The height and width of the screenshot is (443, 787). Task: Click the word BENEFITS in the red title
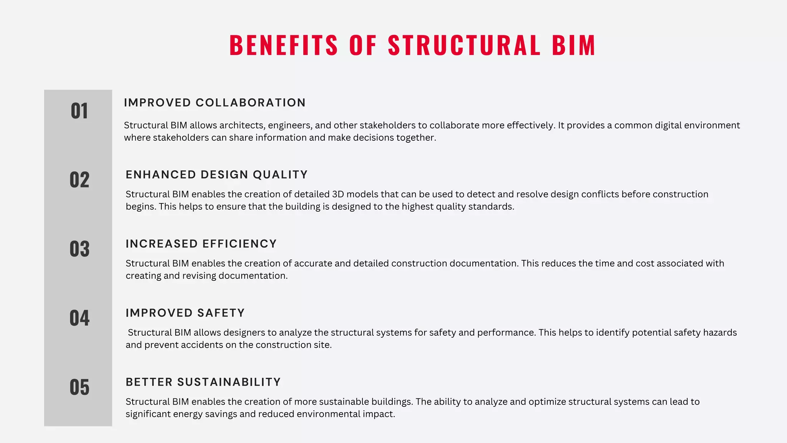click(x=284, y=45)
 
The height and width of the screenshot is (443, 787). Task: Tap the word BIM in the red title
click(x=574, y=45)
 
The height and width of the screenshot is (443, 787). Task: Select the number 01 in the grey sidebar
click(x=79, y=111)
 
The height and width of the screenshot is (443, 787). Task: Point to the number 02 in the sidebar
click(x=79, y=180)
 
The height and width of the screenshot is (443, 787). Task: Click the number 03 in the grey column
click(x=79, y=249)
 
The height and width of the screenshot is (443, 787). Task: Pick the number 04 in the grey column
click(x=79, y=318)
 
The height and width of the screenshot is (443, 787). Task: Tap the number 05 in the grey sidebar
click(x=79, y=387)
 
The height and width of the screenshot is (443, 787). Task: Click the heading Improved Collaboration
click(x=215, y=103)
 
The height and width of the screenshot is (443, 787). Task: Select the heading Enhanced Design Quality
click(x=217, y=175)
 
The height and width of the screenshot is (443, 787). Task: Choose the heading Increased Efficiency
click(x=201, y=244)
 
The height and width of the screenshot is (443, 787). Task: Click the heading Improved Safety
click(x=185, y=313)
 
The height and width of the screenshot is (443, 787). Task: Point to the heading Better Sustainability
click(x=203, y=382)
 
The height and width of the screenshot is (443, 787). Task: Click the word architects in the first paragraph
click(x=242, y=125)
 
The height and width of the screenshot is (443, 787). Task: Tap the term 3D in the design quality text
click(x=338, y=194)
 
